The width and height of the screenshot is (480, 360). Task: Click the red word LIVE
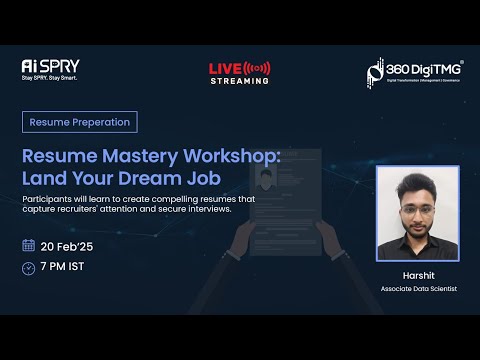(x=224, y=68)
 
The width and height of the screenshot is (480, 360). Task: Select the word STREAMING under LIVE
(x=239, y=81)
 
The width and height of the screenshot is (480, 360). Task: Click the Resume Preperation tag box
(x=80, y=122)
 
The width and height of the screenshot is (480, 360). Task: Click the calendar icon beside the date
(x=28, y=245)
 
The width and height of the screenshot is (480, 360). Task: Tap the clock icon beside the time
(x=28, y=267)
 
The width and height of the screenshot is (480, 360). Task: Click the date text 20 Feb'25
(x=69, y=245)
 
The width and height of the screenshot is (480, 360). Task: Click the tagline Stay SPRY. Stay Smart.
(x=49, y=77)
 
